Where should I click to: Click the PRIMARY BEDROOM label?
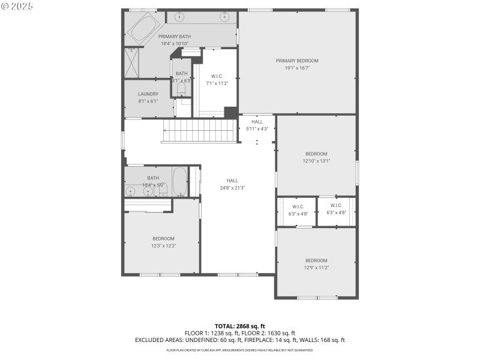pos(297,61)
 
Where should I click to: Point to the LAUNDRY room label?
pos(148,94)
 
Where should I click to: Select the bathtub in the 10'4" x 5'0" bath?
pos(180,181)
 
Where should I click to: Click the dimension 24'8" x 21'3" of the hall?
pos(232,188)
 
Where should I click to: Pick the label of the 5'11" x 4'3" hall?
pos(257,122)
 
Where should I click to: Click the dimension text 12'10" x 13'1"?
pos(316,161)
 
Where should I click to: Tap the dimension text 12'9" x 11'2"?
pos(316,268)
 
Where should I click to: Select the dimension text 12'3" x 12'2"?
pos(163,245)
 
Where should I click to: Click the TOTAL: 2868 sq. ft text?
pos(240,326)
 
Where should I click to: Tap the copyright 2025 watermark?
pos(17,5)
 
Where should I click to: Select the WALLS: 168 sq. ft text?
pos(325,340)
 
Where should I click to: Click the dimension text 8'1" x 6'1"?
pos(148,101)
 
